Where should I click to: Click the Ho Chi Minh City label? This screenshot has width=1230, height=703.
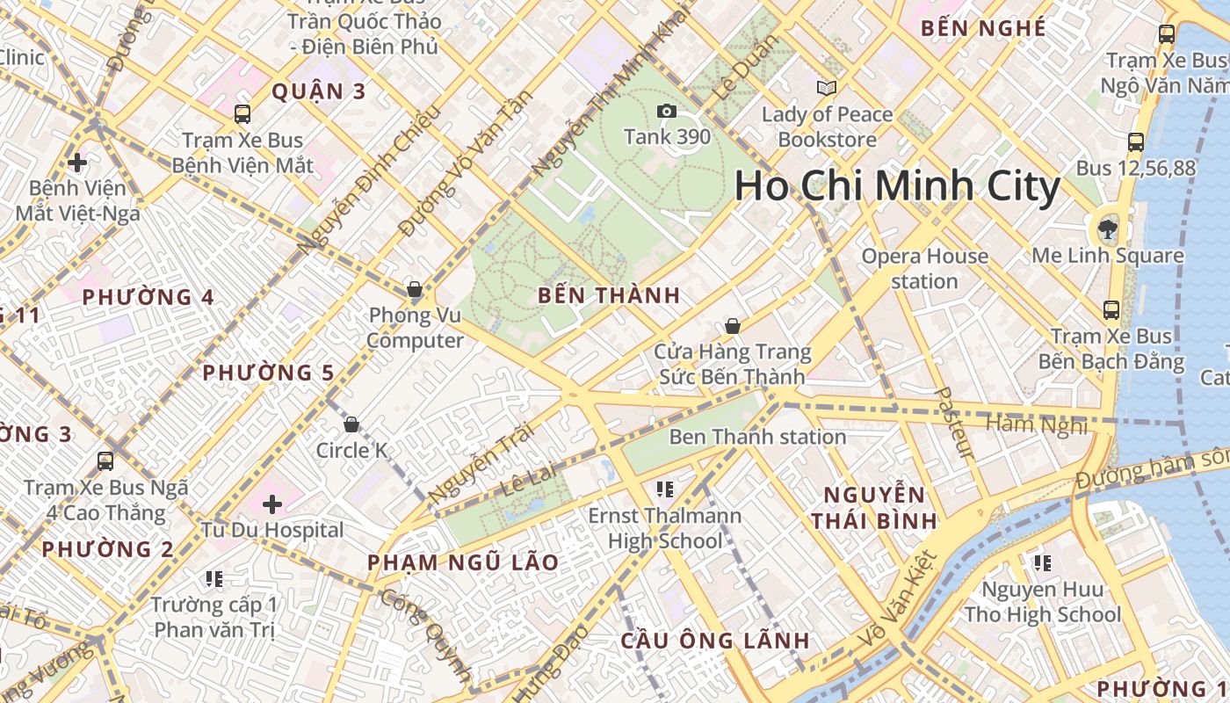click(x=897, y=186)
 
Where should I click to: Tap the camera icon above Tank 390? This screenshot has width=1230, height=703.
click(x=666, y=111)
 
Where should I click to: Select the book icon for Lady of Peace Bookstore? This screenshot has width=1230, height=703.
click(x=826, y=88)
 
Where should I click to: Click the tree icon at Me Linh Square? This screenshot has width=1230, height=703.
click(x=1105, y=230)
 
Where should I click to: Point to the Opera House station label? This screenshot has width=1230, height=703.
click(x=924, y=268)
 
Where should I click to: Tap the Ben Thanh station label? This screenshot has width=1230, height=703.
click(x=757, y=437)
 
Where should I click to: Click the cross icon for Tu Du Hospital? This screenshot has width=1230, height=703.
click(x=272, y=504)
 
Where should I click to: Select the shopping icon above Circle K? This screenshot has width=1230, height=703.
click(x=351, y=425)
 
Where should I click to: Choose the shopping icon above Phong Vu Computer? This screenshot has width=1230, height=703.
click(x=415, y=289)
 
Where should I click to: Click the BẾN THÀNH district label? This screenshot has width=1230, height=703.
click(x=609, y=295)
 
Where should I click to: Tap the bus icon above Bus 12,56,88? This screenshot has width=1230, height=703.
click(x=1135, y=141)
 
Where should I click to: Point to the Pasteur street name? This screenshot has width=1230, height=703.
click(x=952, y=423)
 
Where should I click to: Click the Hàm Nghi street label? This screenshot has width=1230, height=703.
click(x=1037, y=425)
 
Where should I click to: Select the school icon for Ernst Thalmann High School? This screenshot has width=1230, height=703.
click(x=665, y=489)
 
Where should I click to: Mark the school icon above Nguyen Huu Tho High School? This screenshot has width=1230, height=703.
click(x=1043, y=562)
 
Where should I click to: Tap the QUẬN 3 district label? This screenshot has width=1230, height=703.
click(x=318, y=91)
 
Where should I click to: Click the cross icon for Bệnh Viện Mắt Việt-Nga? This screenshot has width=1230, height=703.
click(x=77, y=163)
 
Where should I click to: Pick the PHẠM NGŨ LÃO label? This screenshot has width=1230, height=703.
click(x=462, y=562)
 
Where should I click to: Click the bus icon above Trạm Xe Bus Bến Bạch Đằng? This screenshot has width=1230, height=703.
click(x=1111, y=309)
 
